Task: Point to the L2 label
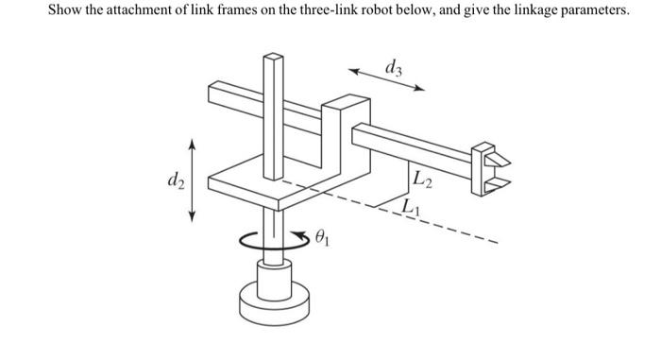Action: [x=422, y=180]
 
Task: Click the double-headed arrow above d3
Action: [x=387, y=79]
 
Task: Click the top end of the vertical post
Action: [x=272, y=59]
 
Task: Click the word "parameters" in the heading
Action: [x=592, y=10]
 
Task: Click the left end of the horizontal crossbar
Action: [x=214, y=92]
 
